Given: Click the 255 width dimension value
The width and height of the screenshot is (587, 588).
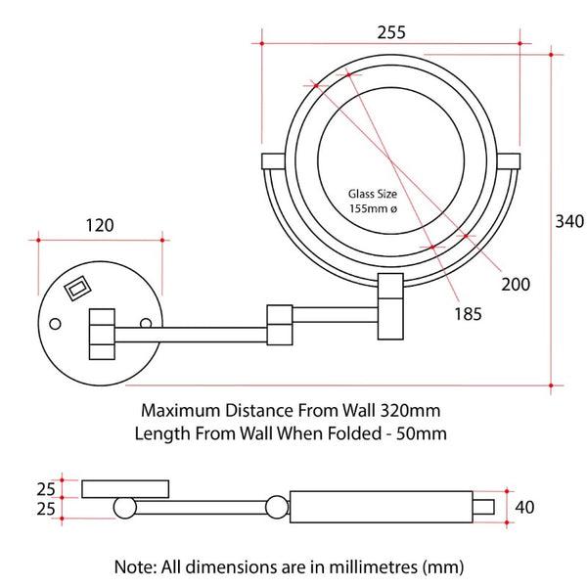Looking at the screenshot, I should pos(391,30).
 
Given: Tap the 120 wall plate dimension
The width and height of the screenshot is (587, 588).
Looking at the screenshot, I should pos(99,225).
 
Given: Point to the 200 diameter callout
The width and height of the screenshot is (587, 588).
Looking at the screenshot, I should pos(515,285).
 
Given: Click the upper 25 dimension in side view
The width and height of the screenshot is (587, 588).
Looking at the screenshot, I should pos(44,487).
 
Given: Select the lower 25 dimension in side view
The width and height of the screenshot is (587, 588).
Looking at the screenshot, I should pos(44,509).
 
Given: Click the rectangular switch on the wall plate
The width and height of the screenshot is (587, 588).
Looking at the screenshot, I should pos(77,289).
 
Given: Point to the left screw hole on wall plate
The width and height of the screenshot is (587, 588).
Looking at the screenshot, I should pos(56,323).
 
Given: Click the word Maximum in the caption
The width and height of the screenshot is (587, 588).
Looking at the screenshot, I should pos(179,409).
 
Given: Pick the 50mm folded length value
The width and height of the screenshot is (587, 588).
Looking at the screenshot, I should pos(420,432).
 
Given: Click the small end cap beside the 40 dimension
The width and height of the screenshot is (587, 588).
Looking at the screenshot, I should pos(486,507).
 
